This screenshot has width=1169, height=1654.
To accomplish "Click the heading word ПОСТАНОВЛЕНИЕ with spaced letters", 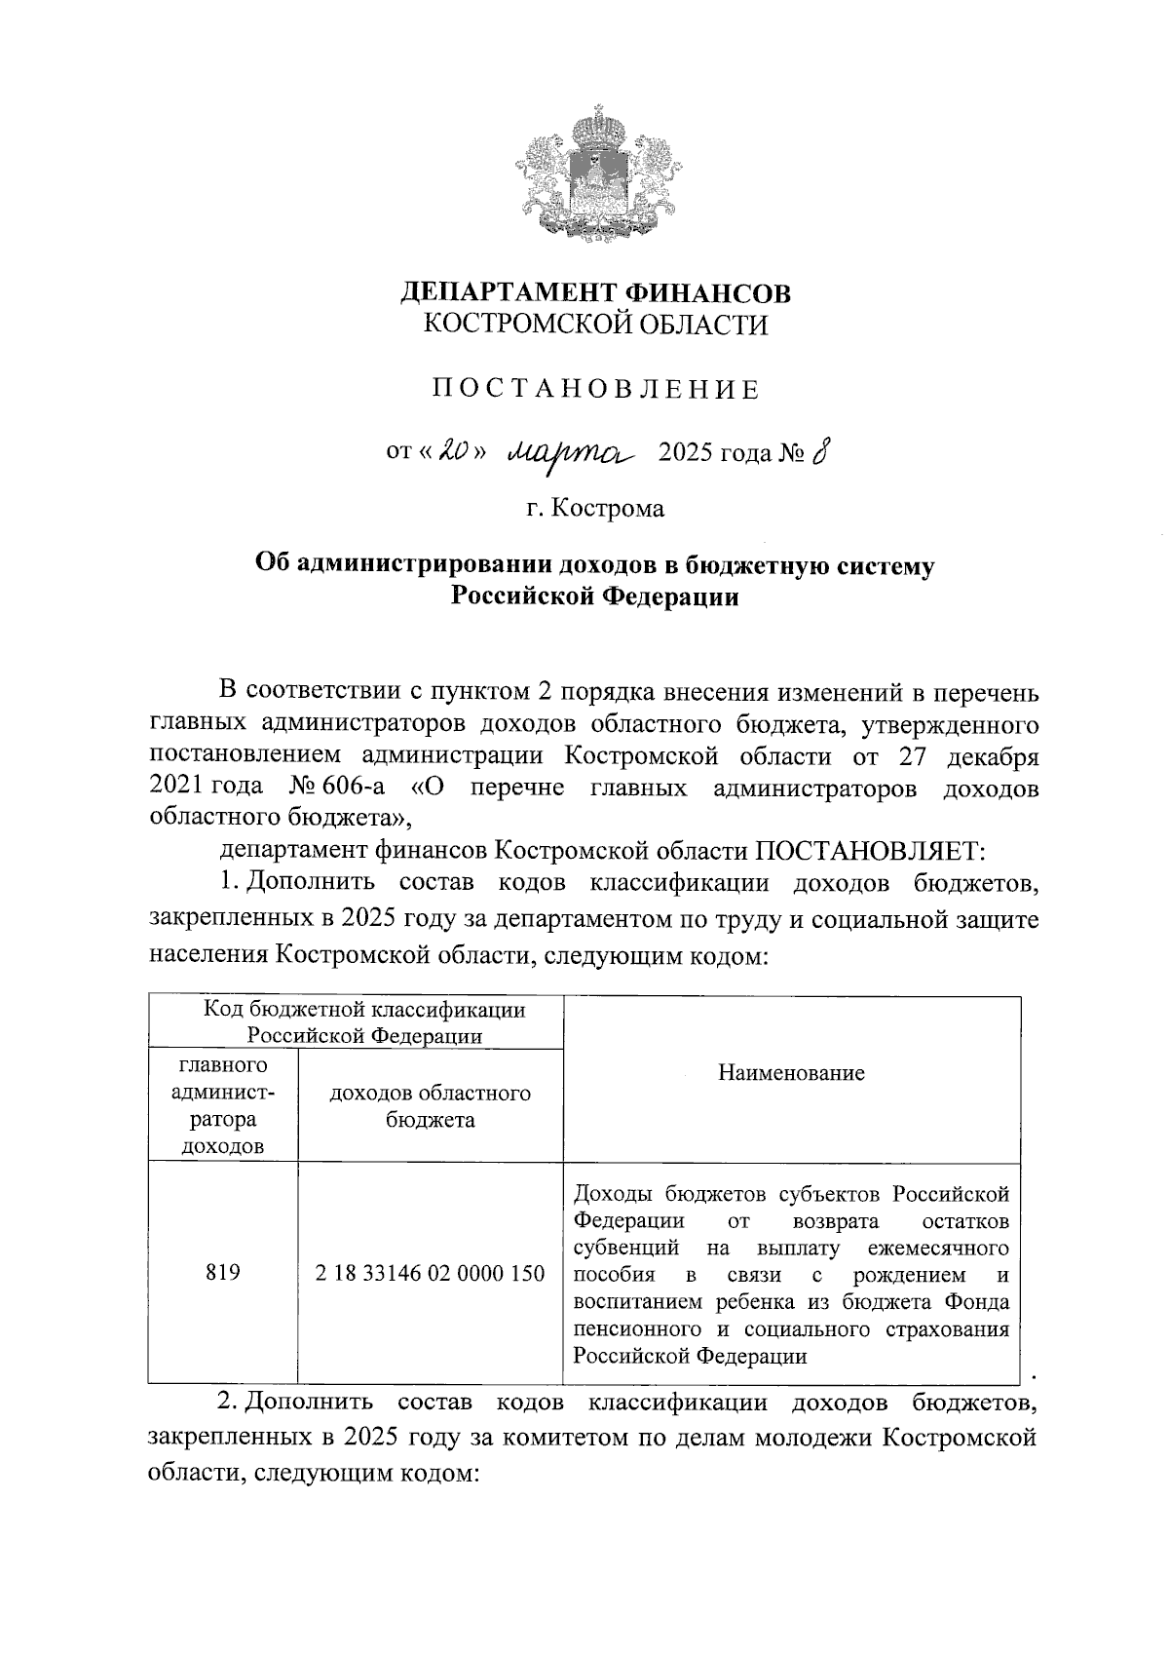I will (595, 391).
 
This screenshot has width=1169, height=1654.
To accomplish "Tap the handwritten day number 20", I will (455, 451).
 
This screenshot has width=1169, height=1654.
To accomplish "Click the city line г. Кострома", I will (595, 508).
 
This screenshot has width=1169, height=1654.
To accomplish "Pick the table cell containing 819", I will (223, 1273).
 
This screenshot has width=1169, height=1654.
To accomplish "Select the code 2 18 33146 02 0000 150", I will (430, 1273).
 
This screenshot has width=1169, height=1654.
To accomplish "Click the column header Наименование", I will (791, 1073).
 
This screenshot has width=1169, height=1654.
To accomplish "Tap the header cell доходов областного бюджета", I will (430, 1106).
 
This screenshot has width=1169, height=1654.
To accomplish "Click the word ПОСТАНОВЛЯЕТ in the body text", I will (870, 851).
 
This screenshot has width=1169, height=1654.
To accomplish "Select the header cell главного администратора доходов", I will (223, 1105).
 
